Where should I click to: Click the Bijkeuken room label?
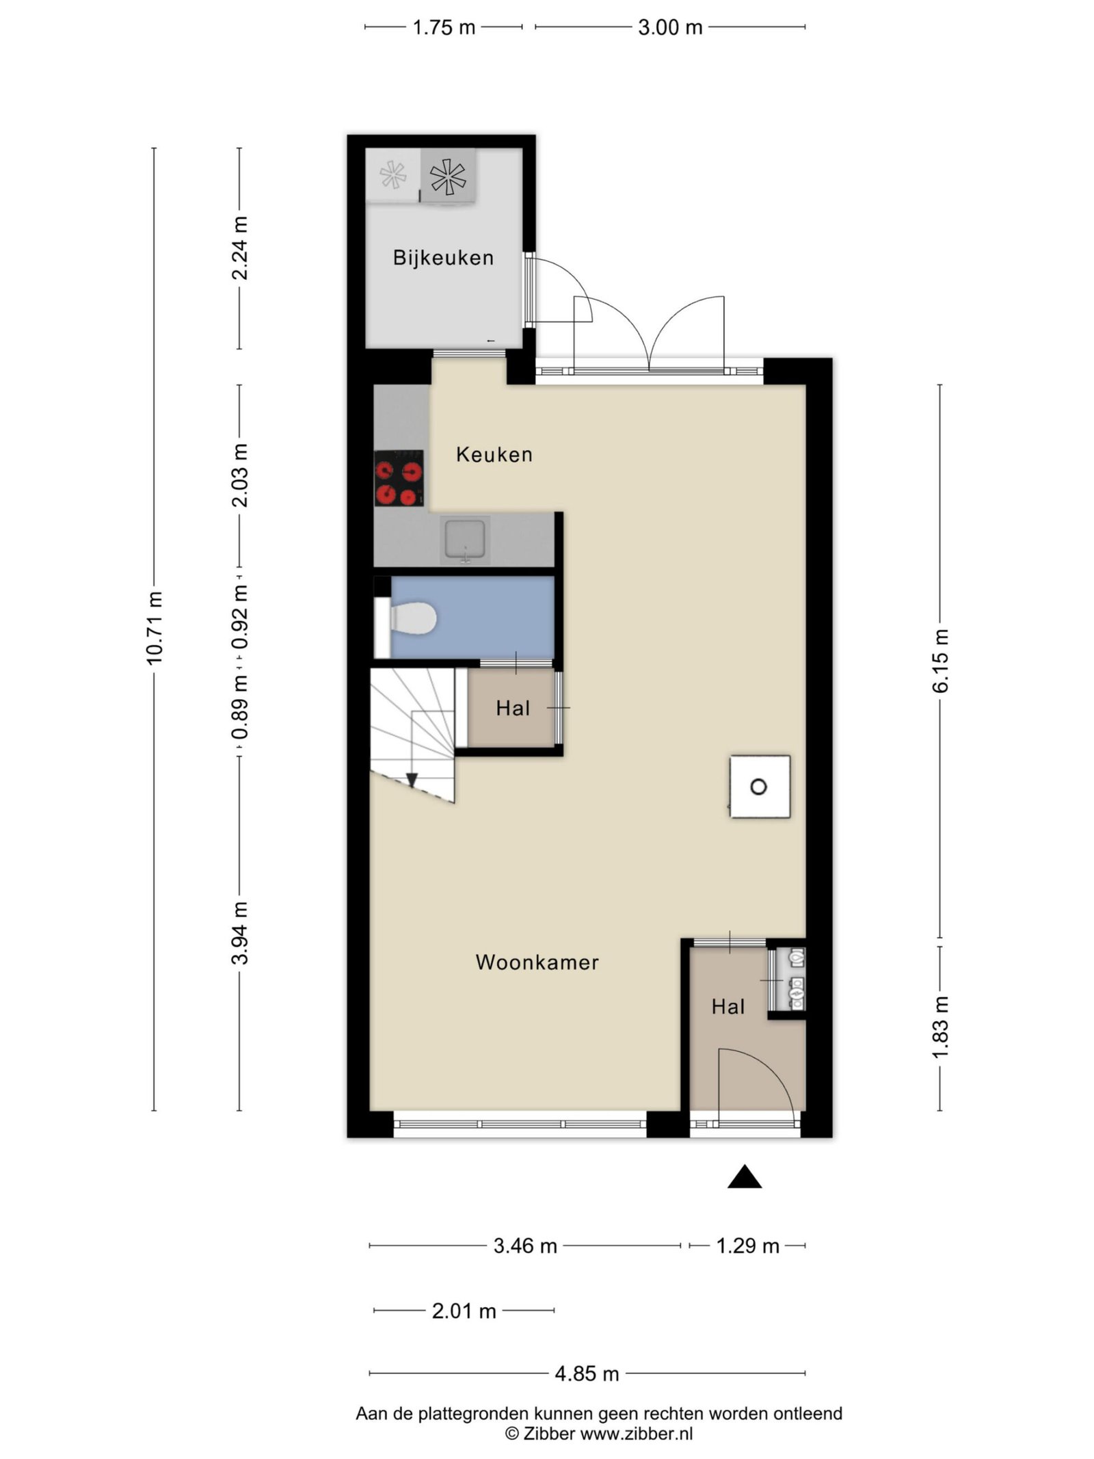point(443,257)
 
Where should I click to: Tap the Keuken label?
point(494,454)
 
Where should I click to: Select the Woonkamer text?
point(537,962)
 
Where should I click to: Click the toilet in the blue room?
point(412,619)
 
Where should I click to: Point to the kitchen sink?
point(466,540)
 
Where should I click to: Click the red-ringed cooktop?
point(399,478)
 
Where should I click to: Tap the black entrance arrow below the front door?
point(745,1177)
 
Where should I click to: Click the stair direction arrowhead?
point(412,780)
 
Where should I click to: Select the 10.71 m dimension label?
point(154,627)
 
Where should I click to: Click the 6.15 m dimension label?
point(940,661)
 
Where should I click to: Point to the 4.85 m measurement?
point(587,1373)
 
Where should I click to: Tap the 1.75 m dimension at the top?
point(444,27)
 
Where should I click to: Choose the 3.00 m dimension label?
point(670,27)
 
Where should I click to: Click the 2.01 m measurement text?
point(464,1311)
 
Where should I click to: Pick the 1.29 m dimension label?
point(748,1246)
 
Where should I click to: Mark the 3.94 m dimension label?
point(239,933)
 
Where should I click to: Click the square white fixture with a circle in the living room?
point(760,787)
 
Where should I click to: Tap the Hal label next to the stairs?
point(513,708)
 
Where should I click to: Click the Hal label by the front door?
point(728,1007)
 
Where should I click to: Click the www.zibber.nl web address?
point(637,1434)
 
